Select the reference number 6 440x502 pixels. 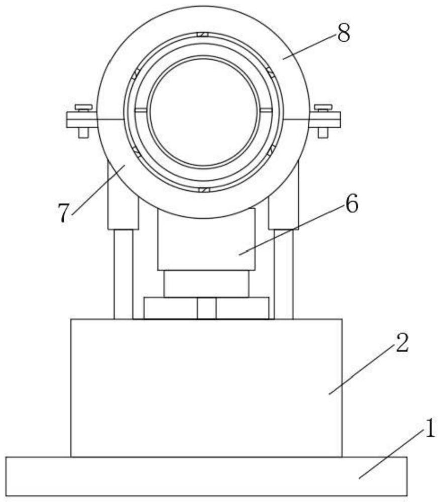click(351, 205)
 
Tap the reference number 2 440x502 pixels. click(401, 345)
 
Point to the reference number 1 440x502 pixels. click(430, 430)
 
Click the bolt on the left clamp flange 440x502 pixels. click(83, 120)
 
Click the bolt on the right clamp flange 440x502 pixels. click(323, 120)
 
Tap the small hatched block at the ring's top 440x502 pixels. click(203, 35)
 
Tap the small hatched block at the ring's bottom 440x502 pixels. click(203, 190)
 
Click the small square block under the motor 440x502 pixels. click(206, 308)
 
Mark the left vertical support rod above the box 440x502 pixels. click(123, 274)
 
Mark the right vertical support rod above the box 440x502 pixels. click(283, 274)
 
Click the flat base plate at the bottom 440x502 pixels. click(206, 476)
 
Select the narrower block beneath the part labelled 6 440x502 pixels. click(206, 283)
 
